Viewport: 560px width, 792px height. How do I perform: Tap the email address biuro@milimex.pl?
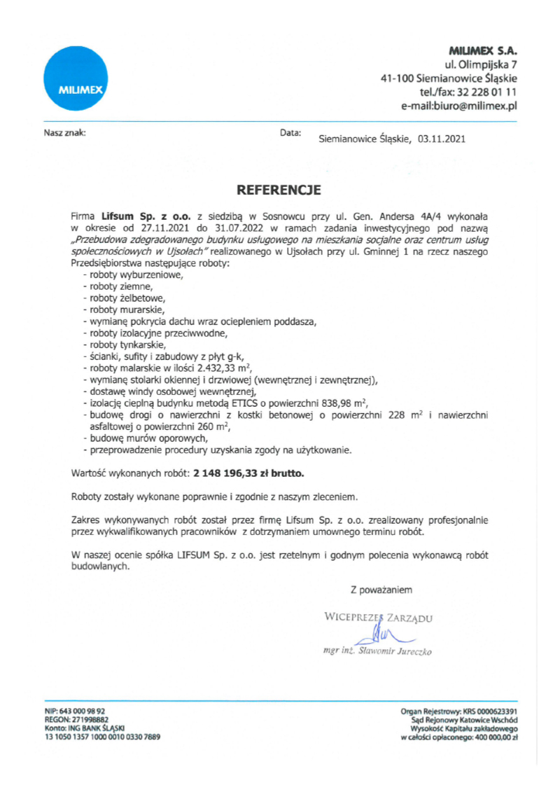click(477, 106)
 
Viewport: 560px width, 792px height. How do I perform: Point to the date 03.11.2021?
click(440, 139)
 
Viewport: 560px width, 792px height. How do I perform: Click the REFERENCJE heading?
click(279, 190)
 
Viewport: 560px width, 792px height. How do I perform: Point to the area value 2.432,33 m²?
click(219, 368)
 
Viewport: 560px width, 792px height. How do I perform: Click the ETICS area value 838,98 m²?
click(338, 403)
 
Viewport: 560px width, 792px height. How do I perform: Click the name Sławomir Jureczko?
click(395, 651)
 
